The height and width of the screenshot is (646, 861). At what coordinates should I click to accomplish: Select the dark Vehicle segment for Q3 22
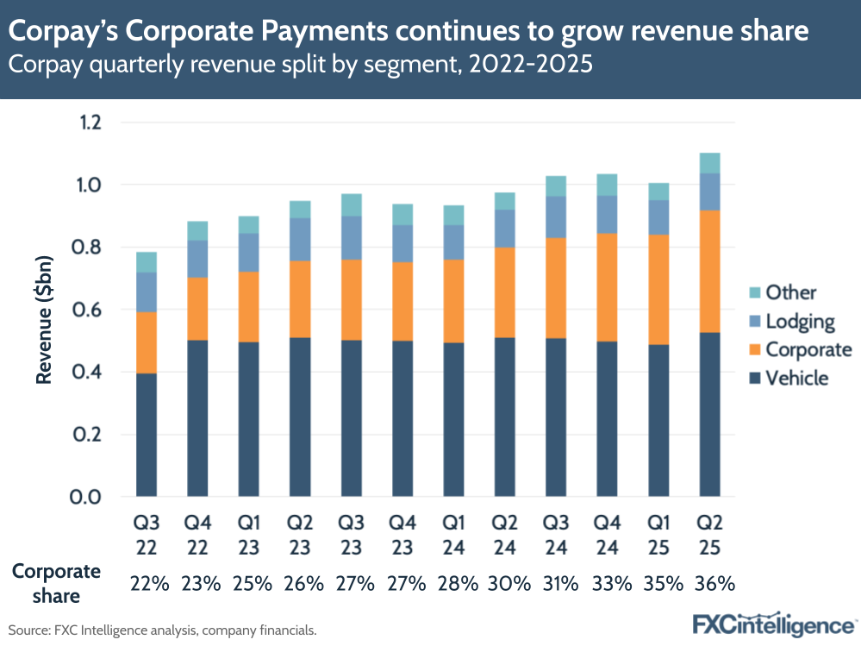[x=147, y=435]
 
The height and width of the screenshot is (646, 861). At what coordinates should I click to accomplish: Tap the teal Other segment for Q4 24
[x=607, y=185]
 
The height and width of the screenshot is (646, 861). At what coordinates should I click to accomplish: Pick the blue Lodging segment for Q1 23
[x=248, y=253]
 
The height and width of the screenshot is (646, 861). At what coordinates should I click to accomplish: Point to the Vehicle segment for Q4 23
[x=402, y=419]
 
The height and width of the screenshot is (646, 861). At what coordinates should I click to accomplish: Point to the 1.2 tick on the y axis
[x=89, y=122]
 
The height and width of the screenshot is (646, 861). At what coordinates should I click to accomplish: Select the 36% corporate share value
[x=714, y=584]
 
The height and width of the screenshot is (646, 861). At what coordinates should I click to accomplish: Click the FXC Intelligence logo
[x=774, y=624]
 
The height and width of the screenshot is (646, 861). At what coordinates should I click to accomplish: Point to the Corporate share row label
[x=55, y=583]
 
